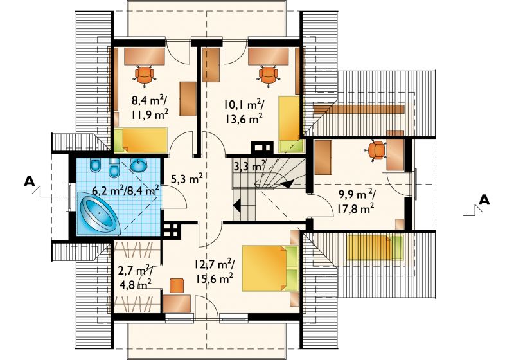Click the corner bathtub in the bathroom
98,214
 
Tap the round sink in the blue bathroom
140,165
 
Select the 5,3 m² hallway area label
187,179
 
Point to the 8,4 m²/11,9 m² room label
150,107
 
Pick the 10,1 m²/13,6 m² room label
244,111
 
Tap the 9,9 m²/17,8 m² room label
356,201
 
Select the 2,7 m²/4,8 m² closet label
134,277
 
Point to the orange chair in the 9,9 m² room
376,150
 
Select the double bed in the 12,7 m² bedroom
270,268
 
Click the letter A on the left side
30,181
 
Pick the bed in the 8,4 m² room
141,140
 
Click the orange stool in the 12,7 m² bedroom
177,285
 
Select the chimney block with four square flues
171,231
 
